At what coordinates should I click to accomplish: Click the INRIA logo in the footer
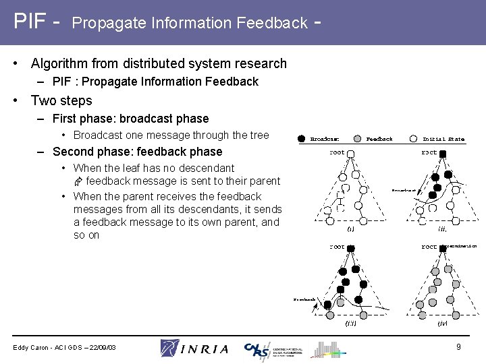[194, 348]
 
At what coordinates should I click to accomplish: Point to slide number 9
[458, 346]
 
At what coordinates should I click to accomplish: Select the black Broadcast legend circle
[302, 139]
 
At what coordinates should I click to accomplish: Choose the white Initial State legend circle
[412, 139]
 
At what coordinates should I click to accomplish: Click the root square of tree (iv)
[443, 249]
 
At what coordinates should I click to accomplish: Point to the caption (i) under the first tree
[350, 229]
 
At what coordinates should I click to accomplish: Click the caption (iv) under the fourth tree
[442, 324]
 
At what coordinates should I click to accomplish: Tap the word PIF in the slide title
[31, 22]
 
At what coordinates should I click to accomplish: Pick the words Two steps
[61, 100]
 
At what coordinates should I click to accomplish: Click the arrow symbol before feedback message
[78, 182]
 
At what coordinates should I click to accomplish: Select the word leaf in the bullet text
[135, 168]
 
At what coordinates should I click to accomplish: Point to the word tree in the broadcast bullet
[259, 135]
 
